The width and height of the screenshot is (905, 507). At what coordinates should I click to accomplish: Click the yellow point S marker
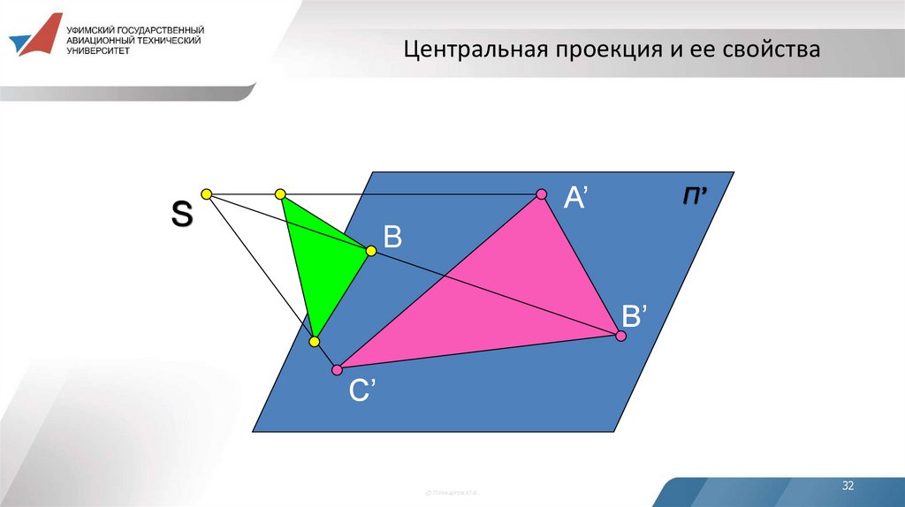(x=206, y=193)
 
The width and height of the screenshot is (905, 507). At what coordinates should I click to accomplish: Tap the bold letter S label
(x=181, y=215)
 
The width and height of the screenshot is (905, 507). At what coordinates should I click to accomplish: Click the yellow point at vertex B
(x=371, y=252)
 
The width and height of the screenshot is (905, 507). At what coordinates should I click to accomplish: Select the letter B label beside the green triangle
(x=392, y=236)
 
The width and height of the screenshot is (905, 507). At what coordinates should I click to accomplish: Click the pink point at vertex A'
(x=542, y=194)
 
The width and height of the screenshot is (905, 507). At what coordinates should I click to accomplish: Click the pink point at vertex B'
(x=620, y=336)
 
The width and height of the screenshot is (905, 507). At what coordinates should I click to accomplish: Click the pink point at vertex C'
(x=336, y=368)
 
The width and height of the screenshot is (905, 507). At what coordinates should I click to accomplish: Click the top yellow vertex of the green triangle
(x=280, y=193)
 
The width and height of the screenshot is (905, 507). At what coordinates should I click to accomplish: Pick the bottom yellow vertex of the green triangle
(x=313, y=341)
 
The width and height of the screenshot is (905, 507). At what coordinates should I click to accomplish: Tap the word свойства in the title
(x=772, y=49)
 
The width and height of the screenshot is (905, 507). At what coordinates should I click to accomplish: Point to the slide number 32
(x=848, y=487)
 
